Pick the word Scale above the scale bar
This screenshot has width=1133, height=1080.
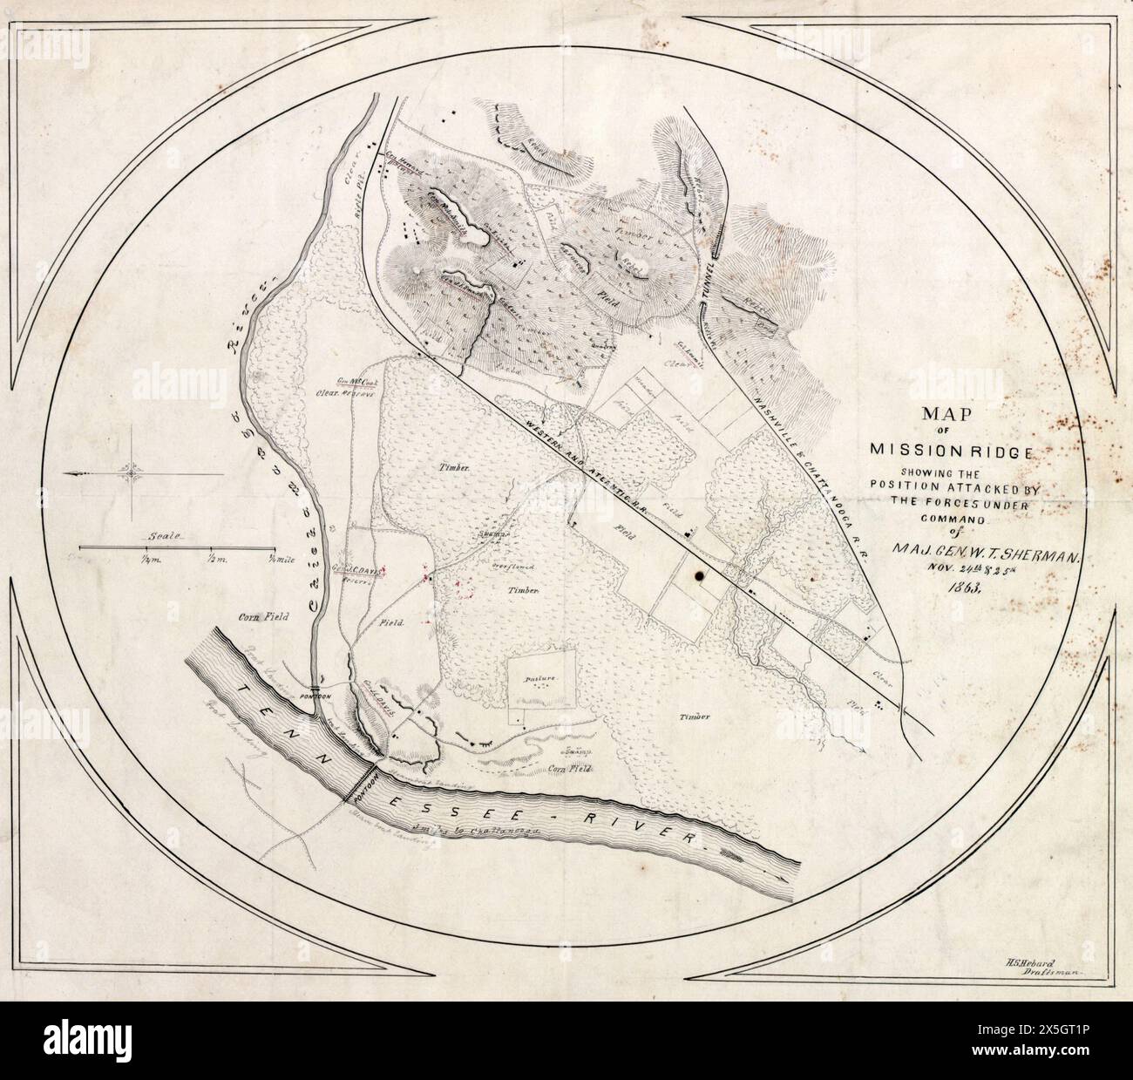163,536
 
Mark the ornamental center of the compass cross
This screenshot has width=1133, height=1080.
135,472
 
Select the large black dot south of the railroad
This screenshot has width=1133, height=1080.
699,575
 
